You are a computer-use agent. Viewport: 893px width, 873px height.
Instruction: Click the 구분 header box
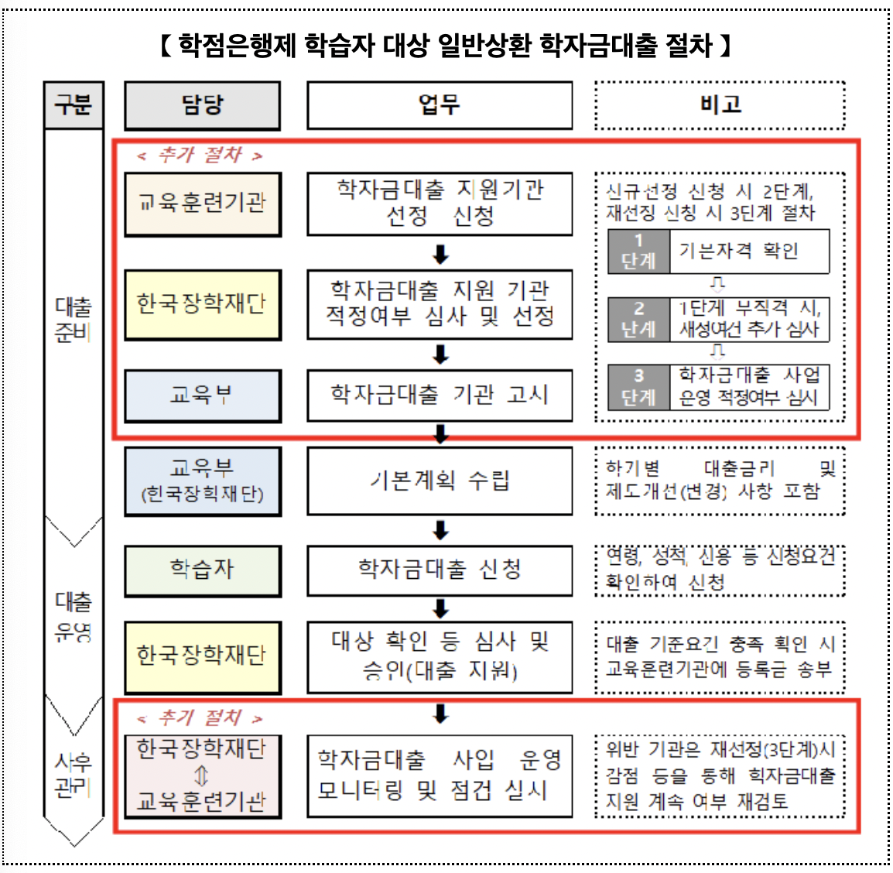tap(74, 104)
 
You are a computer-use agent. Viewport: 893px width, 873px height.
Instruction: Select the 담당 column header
tap(202, 105)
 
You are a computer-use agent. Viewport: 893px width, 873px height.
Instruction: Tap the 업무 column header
tap(440, 105)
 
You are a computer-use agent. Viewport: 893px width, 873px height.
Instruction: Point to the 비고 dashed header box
tap(720, 105)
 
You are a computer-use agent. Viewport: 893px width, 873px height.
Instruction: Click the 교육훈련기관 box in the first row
tap(202, 204)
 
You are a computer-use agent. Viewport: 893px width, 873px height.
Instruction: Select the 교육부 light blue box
tap(202, 395)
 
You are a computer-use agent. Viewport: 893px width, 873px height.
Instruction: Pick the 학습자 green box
tap(202, 570)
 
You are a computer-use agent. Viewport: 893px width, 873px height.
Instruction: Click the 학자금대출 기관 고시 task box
tap(440, 395)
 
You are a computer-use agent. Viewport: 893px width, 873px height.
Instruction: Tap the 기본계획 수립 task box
tap(440, 481)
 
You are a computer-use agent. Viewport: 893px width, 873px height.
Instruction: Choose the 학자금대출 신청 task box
tap(440, 570)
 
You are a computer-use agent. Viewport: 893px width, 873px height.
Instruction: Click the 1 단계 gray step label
tap(638, 252)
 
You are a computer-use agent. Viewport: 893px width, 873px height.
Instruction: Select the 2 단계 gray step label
tap(638, 320)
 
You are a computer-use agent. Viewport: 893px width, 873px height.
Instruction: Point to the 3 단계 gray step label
tap(638, 387)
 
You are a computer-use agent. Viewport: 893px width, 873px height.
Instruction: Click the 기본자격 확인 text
tap(738, 252)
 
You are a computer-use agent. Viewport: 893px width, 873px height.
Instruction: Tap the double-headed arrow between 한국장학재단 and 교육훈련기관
tap(202, 775)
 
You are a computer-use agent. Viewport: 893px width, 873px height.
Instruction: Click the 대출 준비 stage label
tap(74, 320)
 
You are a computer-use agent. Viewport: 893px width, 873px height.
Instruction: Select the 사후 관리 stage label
tap(74, 775)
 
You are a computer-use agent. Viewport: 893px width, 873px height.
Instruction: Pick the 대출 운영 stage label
tap(74, 616)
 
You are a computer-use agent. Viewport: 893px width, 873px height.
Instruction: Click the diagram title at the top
tap(445, 46)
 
